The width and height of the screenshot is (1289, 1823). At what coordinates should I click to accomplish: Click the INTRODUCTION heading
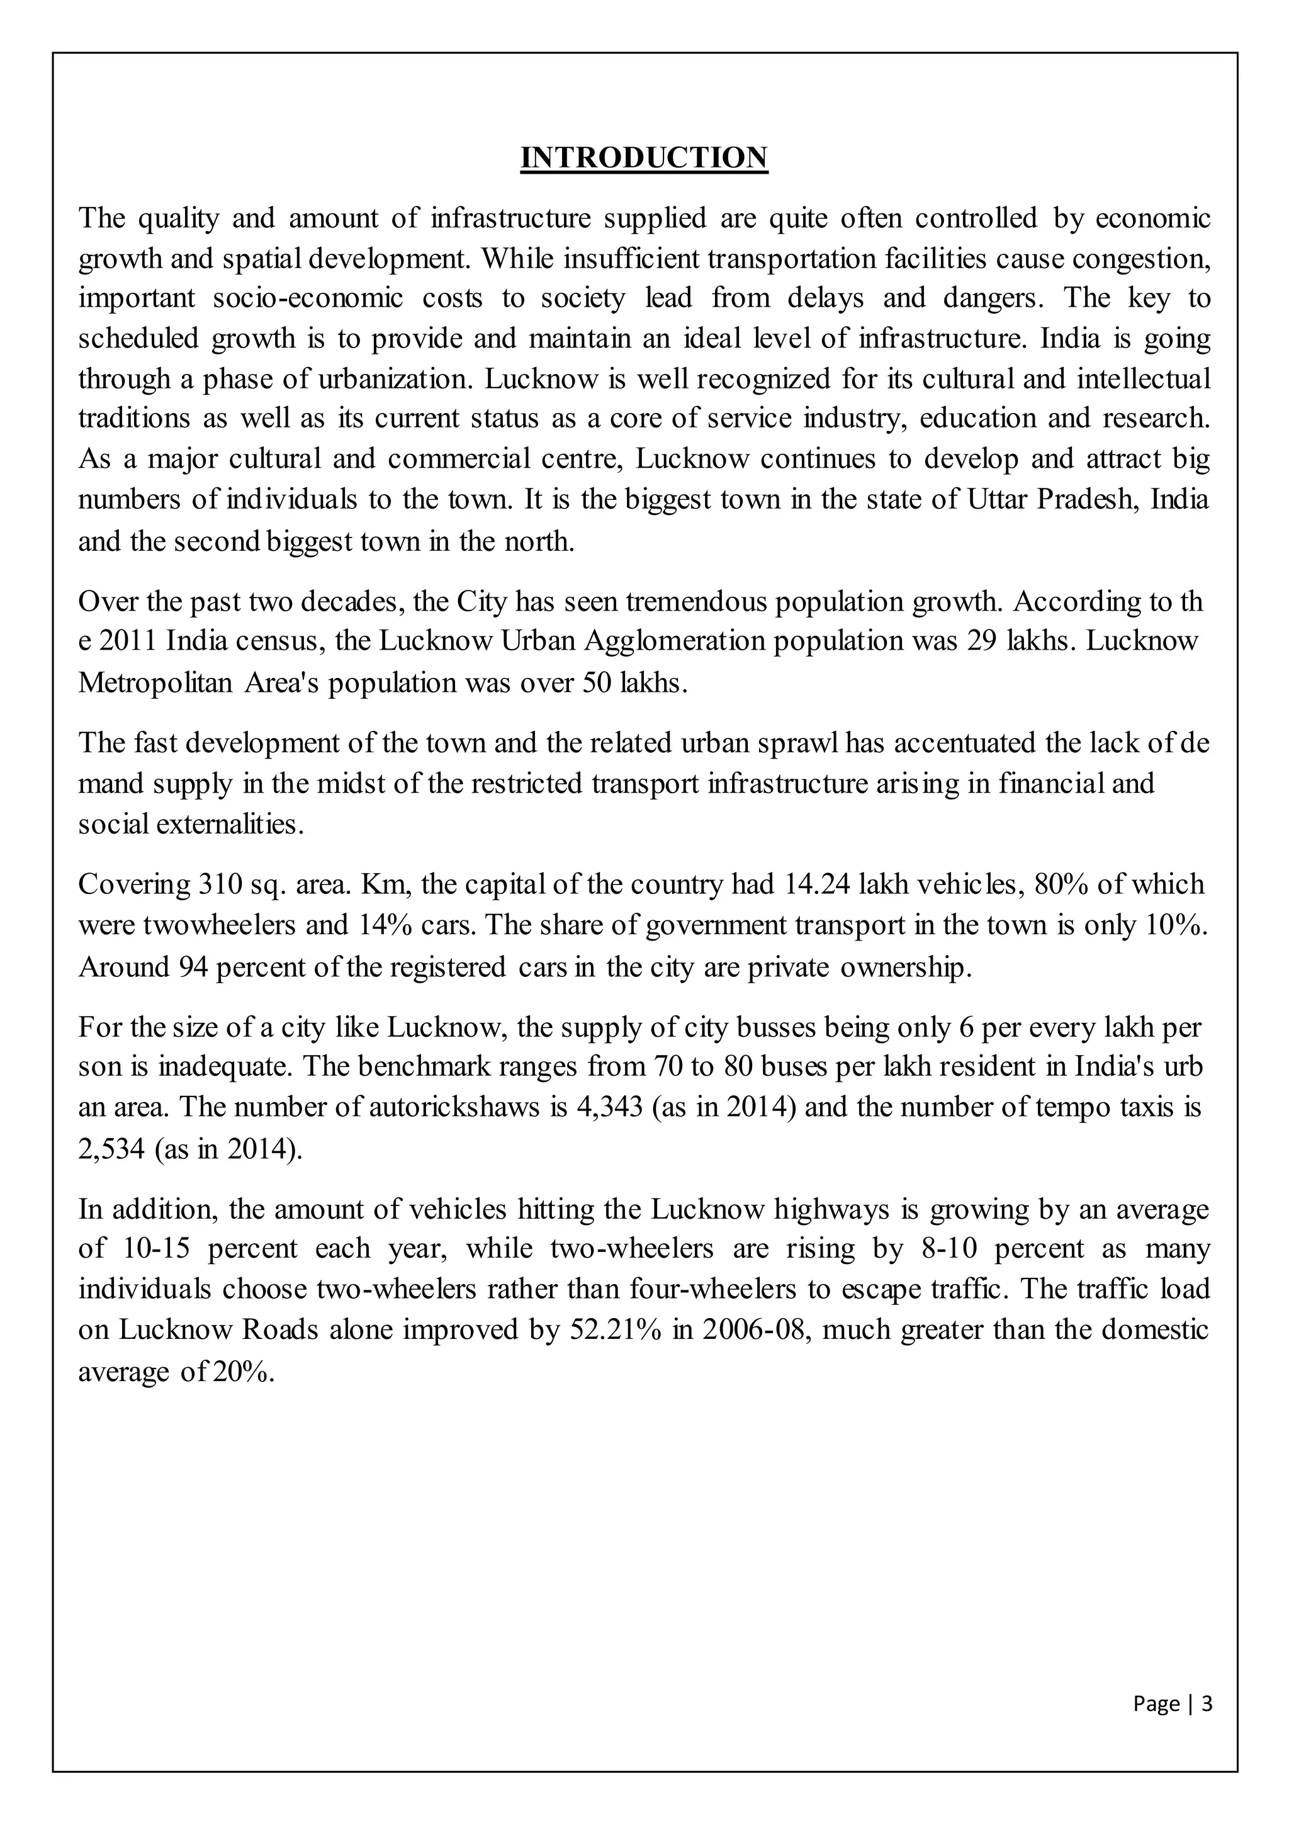[x=644, y=157]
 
